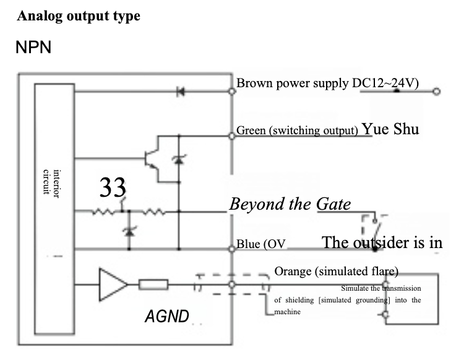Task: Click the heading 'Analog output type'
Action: tap(79, 16)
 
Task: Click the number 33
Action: tap(113, 187)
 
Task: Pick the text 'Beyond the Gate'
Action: tap(290, 204)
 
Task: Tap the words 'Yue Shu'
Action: tap(390, 129)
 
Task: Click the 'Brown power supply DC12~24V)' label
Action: tap(328, 84)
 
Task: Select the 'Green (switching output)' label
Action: tap(298, 131)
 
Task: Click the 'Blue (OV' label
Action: tap(261, 244)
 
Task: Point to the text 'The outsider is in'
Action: tap(382, 242)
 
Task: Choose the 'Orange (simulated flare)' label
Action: tap(336, 272)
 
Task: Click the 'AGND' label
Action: tap(166, 317)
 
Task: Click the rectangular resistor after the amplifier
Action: tap(153, 285)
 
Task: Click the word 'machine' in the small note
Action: tap(287, 312)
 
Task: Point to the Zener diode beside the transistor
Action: tap(179, 159)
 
